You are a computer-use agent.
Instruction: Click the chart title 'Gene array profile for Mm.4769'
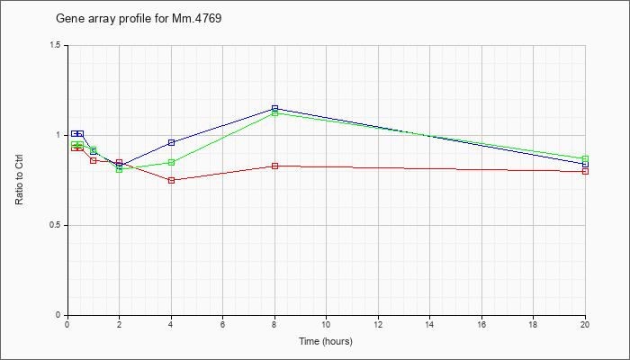[x=139, y=19]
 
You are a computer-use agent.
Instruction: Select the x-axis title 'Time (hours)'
[x=326, y=341]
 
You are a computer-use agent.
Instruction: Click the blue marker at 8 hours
[x=274, y=109]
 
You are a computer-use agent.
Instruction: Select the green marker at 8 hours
[x=274, y=113]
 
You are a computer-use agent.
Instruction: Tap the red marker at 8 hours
[x=274, y=166]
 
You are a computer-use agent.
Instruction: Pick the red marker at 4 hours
[x=172, y=180]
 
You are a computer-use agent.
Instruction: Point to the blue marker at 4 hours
[x=172, y=142]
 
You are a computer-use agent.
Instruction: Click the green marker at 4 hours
[x=172, y=163]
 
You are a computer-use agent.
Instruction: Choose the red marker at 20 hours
[x=585, y=172]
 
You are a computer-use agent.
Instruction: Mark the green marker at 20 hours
[x=585, y=158]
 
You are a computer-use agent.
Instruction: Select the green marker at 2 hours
[x=120, y=169]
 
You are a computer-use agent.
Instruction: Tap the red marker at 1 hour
[x=94, y=161]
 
